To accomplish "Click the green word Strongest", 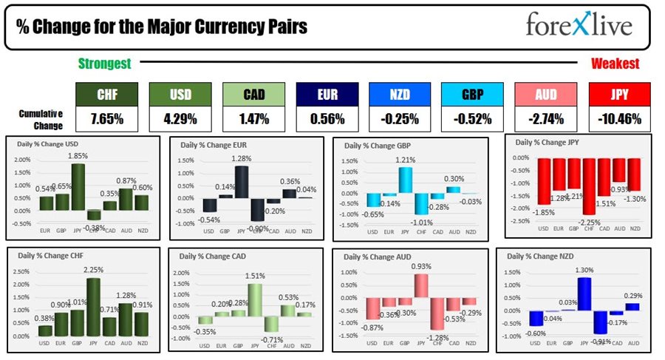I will click(104, 64).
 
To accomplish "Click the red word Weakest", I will click(615, 64).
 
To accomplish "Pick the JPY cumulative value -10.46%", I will click(619, 118).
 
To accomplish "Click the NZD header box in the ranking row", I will click(399, 95).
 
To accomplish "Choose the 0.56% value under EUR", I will click(326, 118).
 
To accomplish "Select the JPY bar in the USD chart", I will click(78, 187).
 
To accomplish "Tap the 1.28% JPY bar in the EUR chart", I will click(242, 182).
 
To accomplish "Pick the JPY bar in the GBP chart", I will click(405, 180).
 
